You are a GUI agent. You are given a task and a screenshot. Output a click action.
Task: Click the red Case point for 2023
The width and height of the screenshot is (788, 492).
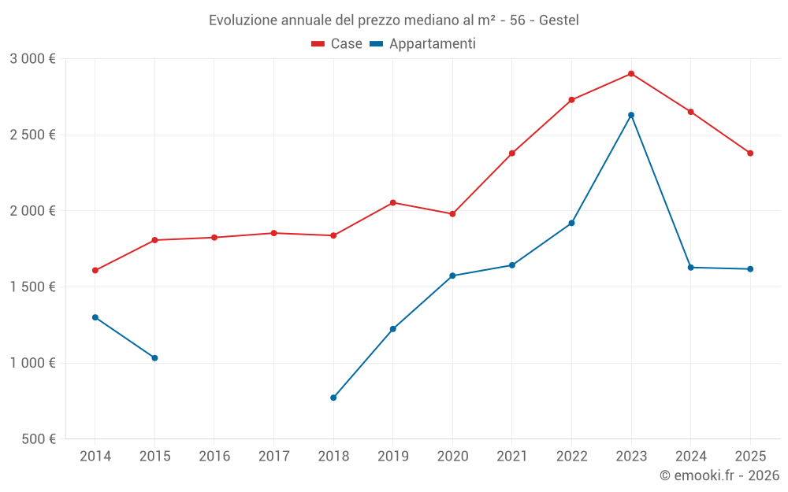[631, 74]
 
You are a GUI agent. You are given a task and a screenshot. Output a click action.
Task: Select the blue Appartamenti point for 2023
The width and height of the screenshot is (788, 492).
[631, 115]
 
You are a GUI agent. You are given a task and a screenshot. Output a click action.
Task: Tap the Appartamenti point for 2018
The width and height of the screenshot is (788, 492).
[333, 398]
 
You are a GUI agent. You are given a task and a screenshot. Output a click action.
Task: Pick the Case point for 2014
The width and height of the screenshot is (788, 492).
[95, 271]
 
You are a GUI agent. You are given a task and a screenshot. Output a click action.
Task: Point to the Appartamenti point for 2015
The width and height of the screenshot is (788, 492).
[154, 358]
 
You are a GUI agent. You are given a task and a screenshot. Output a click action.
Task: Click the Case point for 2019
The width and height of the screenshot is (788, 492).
[393, 203]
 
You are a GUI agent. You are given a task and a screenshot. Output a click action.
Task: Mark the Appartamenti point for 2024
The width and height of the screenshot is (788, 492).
[691, 268]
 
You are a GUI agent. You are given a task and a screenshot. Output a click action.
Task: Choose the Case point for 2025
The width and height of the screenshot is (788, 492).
[750, 154]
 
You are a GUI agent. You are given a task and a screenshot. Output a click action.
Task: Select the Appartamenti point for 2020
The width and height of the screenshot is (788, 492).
[452, 276]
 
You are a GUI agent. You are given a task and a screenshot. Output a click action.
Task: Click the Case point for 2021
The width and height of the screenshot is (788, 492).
[512, 154]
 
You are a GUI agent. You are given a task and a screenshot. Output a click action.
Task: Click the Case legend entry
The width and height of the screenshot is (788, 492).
[337, 44]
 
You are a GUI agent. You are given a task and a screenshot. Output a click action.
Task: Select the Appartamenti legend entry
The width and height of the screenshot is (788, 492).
[423, 44]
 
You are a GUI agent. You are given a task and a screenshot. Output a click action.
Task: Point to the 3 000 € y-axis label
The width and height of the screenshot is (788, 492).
[32, 59]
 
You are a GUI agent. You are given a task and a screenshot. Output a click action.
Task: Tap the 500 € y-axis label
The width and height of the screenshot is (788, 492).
[39, 439]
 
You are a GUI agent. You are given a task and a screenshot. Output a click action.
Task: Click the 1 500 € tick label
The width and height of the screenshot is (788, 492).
[32, 287]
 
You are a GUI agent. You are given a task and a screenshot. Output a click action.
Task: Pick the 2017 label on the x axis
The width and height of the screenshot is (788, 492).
[273, 457]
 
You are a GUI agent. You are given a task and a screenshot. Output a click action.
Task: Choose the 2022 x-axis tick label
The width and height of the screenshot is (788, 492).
[571, 457]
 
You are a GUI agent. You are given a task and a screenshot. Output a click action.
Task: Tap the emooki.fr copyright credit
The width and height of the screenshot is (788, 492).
[719, 475]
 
